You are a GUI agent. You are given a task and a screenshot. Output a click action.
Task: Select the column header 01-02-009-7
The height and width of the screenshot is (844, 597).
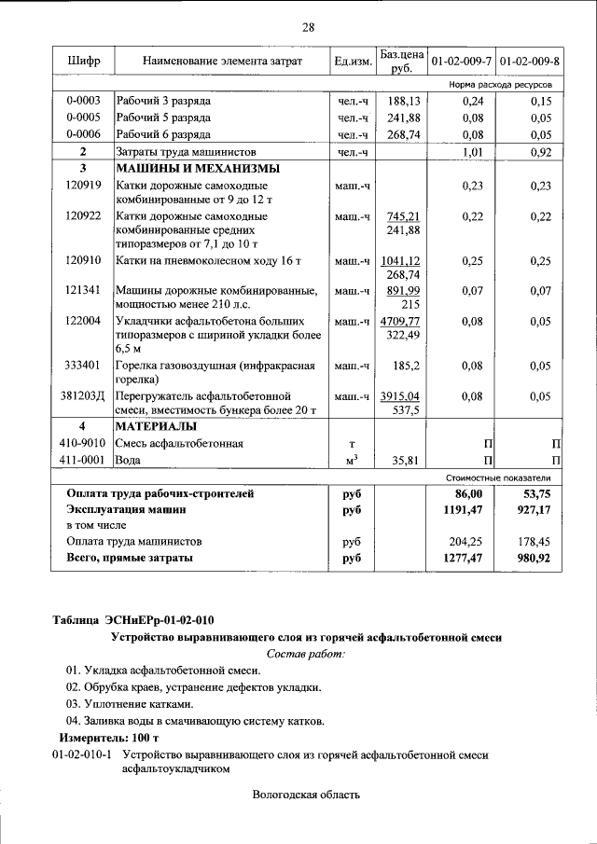click(x=461, y=61)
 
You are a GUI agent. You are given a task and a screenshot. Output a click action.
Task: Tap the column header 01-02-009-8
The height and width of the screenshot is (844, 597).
click(x=530, y=61)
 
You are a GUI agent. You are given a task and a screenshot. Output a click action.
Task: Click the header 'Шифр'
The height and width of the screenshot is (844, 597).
click(x=83, y=61)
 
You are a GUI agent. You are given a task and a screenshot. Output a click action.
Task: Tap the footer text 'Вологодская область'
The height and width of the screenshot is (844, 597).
click(x=306, y=795)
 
